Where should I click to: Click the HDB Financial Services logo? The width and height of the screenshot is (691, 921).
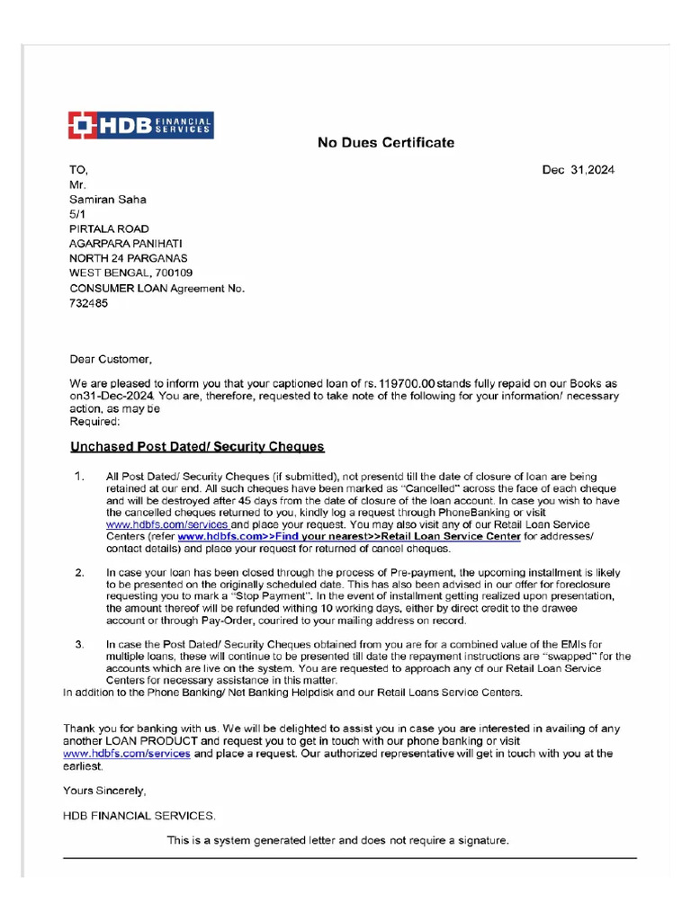141,125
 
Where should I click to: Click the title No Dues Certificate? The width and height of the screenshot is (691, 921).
385,143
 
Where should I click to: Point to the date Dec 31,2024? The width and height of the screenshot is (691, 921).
578,170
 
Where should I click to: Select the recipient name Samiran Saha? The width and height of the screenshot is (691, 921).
107,200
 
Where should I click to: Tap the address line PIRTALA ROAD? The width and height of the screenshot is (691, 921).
109,229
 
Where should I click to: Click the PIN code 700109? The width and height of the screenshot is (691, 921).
173,273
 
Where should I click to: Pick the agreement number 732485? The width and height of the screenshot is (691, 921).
88,303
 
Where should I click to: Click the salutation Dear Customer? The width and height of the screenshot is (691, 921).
111,359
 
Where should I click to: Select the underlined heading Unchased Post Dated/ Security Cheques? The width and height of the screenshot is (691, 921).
197,447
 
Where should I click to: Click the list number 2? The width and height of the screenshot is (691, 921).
79,572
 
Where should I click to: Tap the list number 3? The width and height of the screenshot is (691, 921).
79,644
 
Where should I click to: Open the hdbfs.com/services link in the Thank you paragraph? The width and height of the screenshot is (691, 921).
126,754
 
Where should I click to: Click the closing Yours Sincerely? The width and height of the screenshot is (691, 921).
103,791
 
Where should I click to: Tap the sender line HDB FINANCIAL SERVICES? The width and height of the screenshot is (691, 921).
139,816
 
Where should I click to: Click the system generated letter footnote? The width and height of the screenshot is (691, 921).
337,841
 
